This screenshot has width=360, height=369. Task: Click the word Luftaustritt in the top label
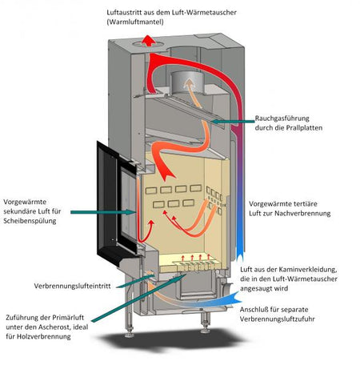pos(130,13)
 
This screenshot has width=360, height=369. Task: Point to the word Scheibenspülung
pos(30,221)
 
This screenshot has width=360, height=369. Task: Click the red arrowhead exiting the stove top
pos(144,44)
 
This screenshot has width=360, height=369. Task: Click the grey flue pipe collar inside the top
pos(181,80)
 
